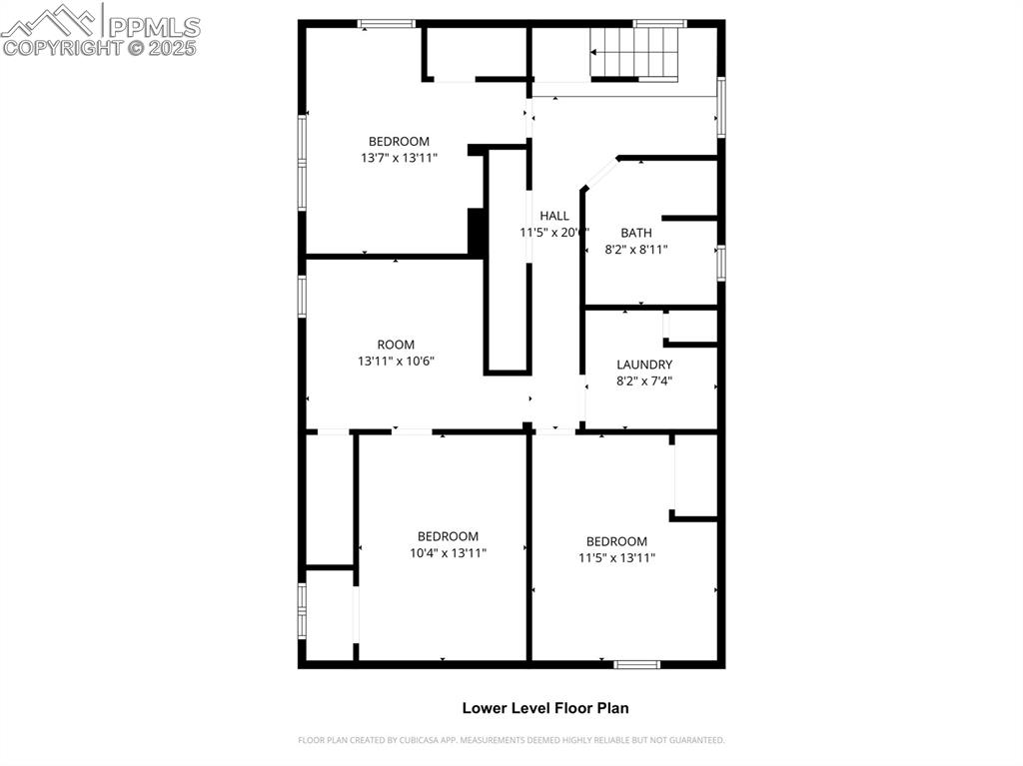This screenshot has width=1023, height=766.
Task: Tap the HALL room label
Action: click(554, 216)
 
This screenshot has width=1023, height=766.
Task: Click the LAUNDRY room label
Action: click(644, 365)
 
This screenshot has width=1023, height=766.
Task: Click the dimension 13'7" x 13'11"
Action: click(399, 158)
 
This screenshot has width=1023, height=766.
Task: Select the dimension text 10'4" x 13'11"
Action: click(448, 552)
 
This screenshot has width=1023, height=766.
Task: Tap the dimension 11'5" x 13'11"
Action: click(616, 558)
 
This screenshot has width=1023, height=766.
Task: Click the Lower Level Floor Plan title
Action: click(544, 708)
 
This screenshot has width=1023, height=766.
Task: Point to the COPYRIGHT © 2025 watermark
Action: click(100, 47)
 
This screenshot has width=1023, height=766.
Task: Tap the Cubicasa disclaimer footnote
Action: click(511, 740)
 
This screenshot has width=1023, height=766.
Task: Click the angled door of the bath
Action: click(600, 173)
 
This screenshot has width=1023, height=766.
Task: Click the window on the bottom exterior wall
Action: click(636, 664)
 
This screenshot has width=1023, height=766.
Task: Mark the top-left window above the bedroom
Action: click(387, 23)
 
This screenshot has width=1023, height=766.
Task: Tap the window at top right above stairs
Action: click(659, 23)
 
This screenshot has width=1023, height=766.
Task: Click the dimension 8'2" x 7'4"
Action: click(644, 381)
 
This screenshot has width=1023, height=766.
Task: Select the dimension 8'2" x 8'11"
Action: click(635, 250)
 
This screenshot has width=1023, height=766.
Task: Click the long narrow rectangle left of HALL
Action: click(507, 261)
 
